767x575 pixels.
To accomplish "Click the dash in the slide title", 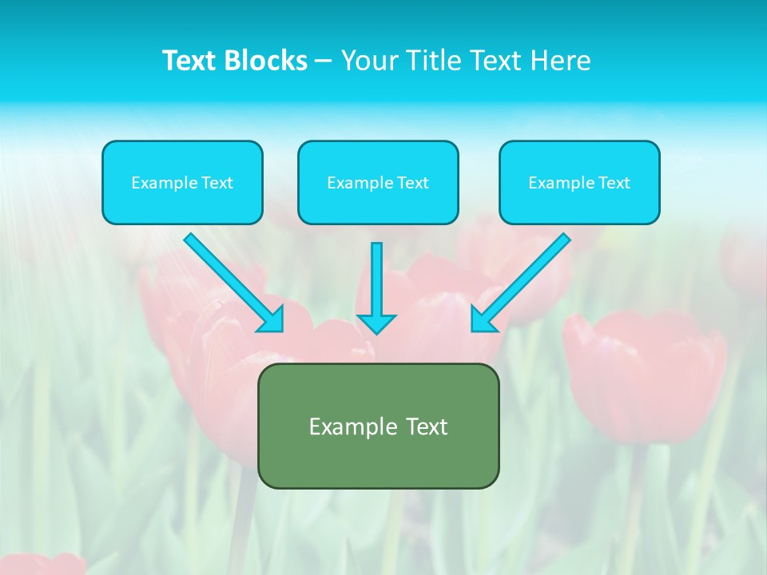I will (324, 61).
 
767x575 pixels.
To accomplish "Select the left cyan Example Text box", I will (182, 182).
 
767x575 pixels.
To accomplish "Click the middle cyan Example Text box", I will (378, 182).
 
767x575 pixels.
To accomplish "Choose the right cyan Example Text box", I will (579, 182).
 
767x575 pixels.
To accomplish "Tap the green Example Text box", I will (378, 426).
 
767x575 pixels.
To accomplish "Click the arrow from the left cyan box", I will (232, 281).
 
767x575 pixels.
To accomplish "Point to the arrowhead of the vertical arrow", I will (376, 323).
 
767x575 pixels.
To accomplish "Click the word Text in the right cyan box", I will (613, 183).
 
